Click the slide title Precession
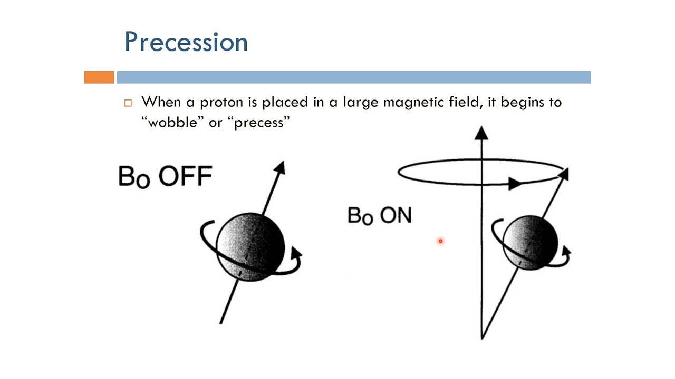(186, 42)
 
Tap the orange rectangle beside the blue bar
(99, 77)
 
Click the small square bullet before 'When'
(128, 103)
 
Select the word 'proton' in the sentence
(221, 103)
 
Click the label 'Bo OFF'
(166, 177)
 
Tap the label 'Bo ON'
(379, 216)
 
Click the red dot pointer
(440, 241)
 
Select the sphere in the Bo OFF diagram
(250, 247)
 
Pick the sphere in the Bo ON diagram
(530, 243)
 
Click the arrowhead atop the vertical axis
(481, 133)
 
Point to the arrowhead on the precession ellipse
(515, 184)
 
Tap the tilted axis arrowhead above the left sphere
(280, 167)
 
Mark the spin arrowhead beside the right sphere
(566, 250)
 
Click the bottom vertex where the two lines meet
(482, 338)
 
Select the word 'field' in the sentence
(465, 102)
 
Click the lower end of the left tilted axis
(221, 323)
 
